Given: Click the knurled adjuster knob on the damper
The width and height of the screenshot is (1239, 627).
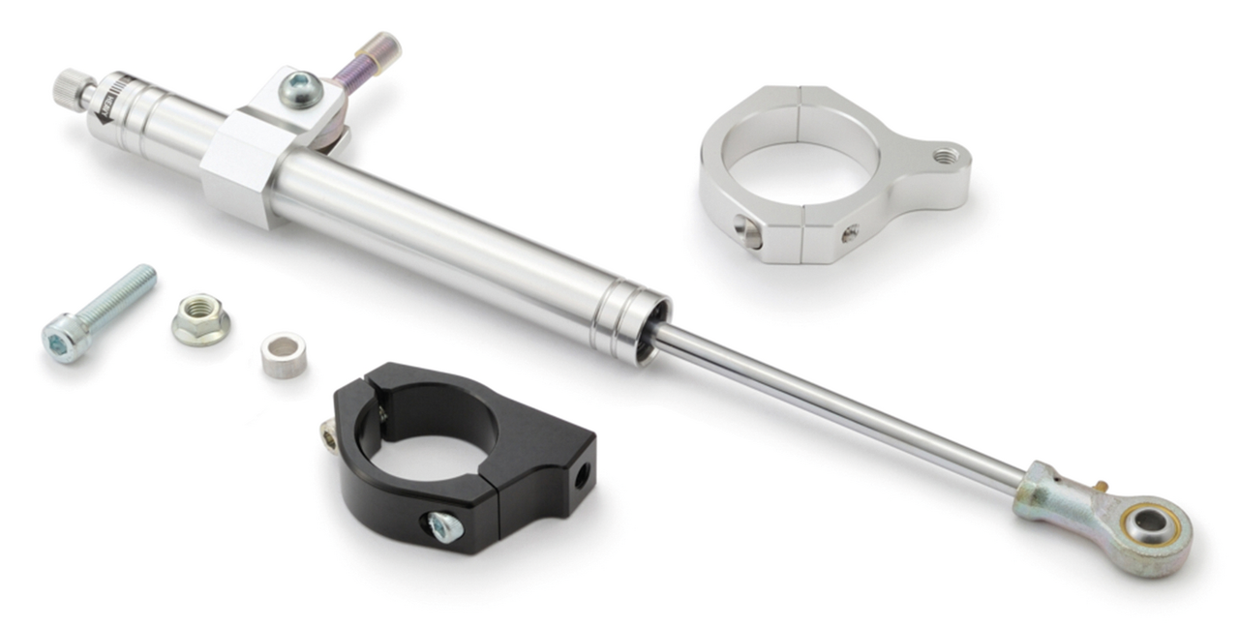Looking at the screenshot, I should (x=72, y=87).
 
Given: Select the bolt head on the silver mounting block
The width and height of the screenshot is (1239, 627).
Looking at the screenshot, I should (x=297, y=90).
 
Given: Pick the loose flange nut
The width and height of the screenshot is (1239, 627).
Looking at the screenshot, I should (x=200, y=320).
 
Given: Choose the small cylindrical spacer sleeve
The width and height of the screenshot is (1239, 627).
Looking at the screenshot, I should (x=283, y=354).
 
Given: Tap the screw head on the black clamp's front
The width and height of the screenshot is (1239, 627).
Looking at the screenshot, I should (x=443, y=525).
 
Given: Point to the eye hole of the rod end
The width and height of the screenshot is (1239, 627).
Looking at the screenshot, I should (x=1151, y=523).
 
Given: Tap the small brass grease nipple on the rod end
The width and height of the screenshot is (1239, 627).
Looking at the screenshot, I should (x=1103, y=484).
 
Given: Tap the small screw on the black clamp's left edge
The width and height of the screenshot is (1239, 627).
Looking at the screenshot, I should (x=329, y=438).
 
